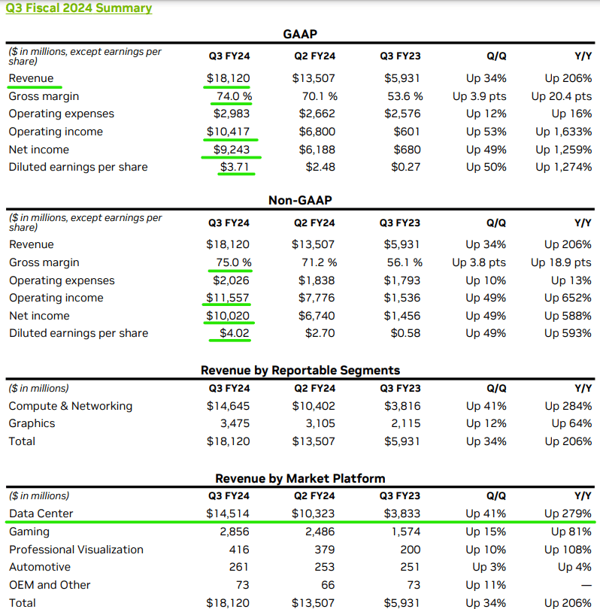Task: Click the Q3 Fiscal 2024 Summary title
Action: point(78,8)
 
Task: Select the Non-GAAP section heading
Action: point(300,200)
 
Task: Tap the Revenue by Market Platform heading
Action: point(300,478)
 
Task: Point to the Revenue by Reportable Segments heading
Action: point(300,370)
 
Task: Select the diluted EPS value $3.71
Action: point(234,167)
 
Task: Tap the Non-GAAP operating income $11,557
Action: point(229,298)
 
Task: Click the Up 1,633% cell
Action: point(563,132)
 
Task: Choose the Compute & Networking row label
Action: point(71,406)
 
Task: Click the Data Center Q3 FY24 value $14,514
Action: point(229,514)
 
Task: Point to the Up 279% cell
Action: point(568,514)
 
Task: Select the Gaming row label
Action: point(29,532)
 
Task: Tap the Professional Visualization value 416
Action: point(239,550)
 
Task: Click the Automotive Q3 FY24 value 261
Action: point(239,567)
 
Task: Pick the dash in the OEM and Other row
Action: point(584,585)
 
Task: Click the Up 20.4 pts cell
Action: point(561,96)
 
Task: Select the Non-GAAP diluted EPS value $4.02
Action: point(234,333)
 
